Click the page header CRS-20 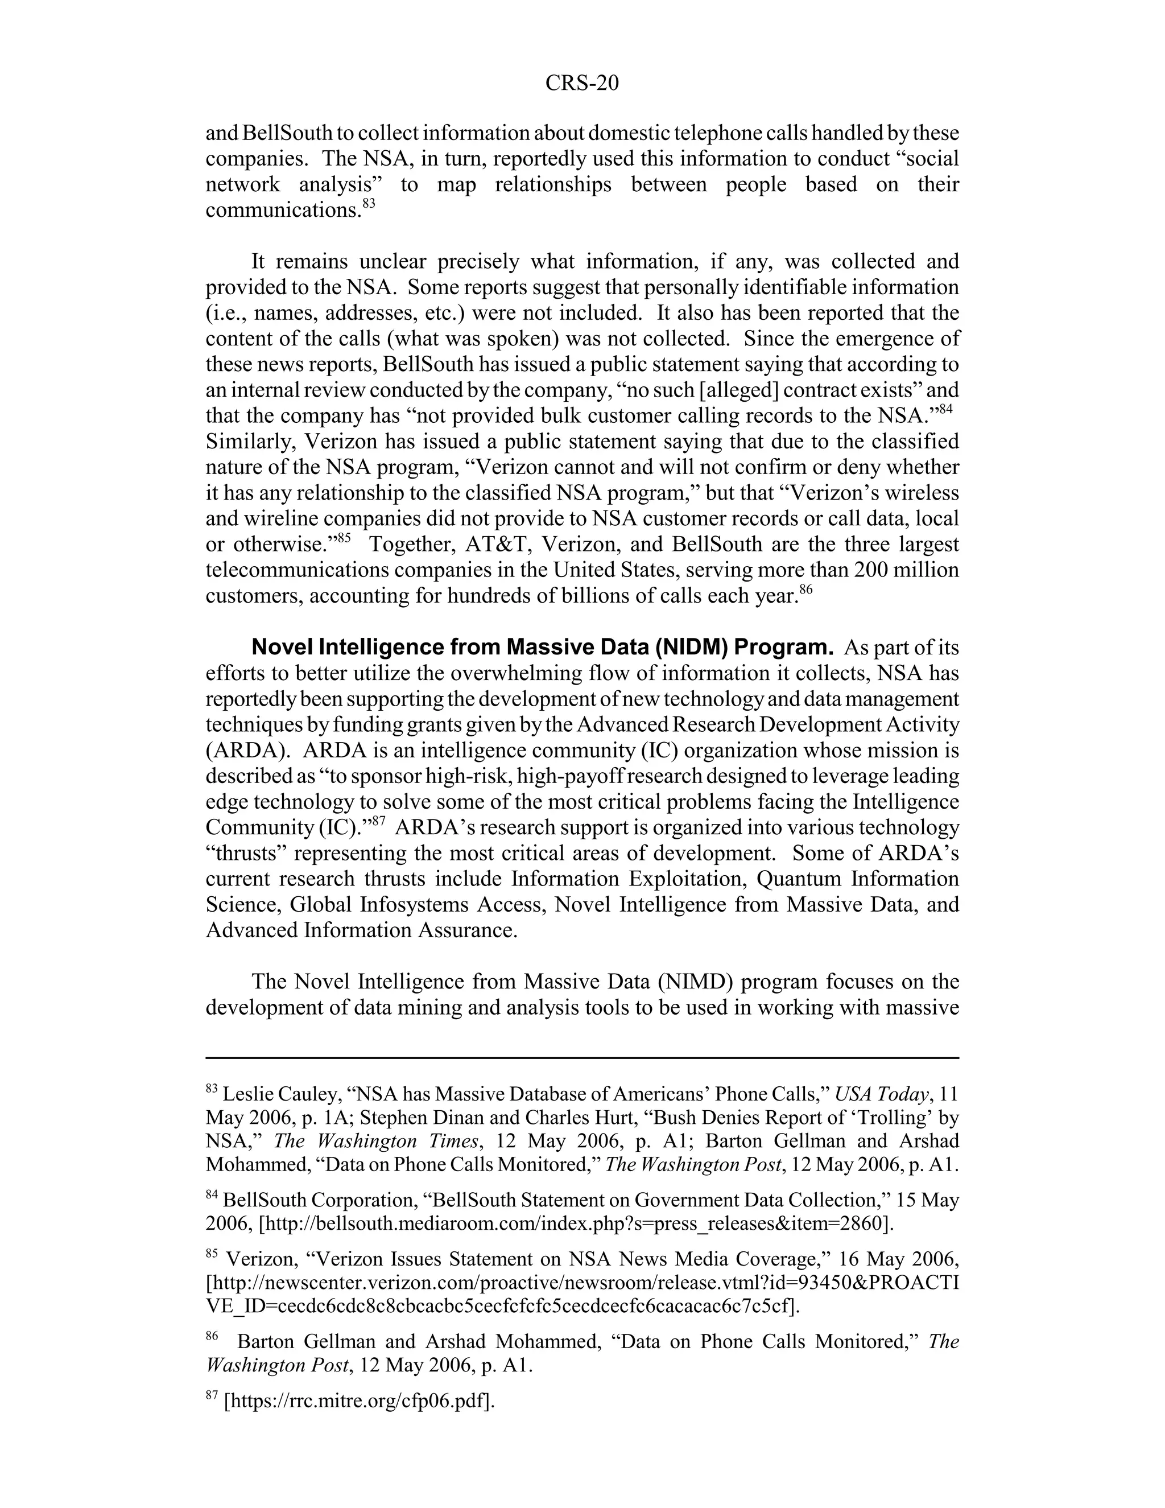[x=581, y=83]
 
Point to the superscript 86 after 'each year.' [x=806, y=589]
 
